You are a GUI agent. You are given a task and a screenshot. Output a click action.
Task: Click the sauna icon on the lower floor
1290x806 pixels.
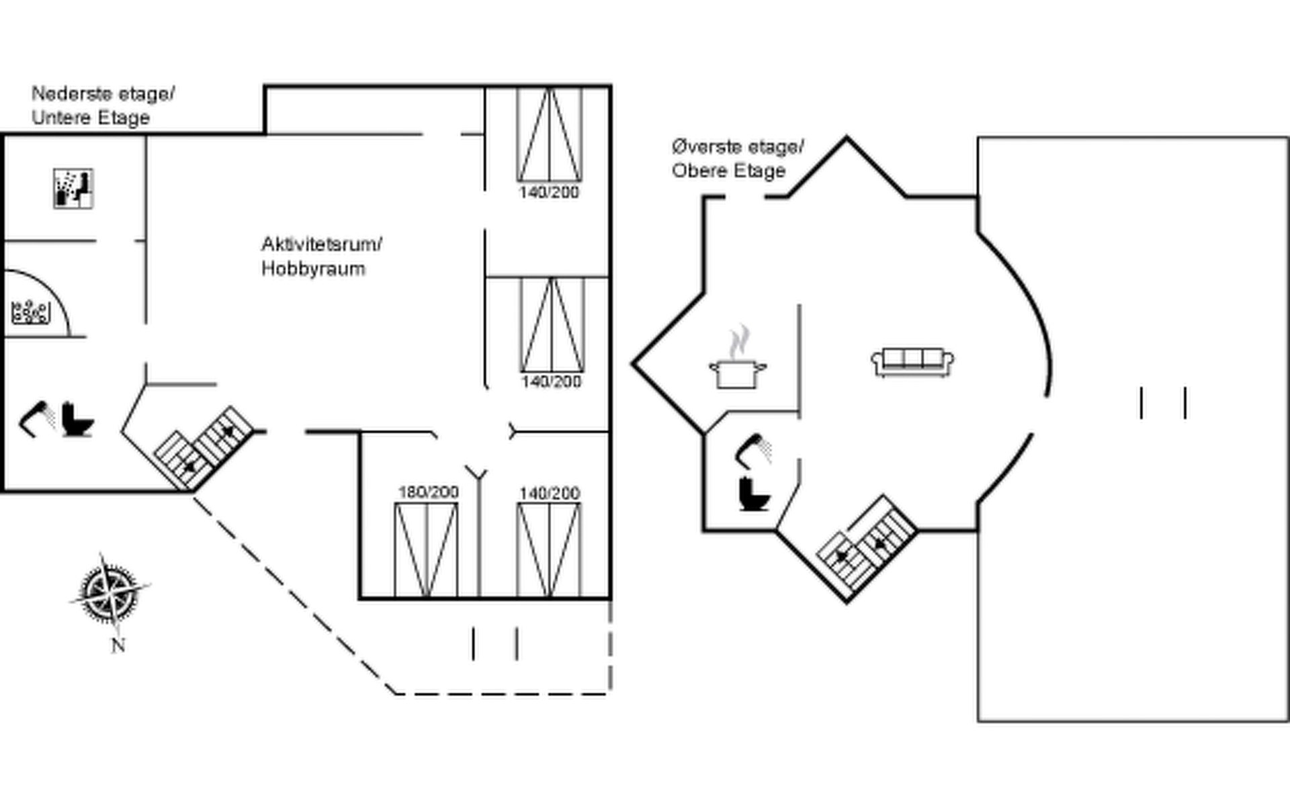(x=73, y=189)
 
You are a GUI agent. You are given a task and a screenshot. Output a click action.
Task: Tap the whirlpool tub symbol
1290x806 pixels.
(x=31, y=312)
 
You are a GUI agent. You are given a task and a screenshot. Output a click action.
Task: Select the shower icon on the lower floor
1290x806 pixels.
(x=37, y=418)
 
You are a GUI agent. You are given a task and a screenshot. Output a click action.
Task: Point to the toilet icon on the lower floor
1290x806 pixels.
(x=77, y=420)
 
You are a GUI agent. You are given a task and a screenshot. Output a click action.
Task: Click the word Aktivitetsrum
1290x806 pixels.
(x=321, y=244)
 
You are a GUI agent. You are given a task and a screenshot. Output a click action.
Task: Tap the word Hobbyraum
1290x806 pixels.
(x=313, y=269)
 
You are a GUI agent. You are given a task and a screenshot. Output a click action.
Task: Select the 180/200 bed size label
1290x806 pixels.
(x=428, y=492)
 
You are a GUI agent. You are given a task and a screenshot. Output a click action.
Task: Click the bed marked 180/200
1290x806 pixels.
(x=426, y=549)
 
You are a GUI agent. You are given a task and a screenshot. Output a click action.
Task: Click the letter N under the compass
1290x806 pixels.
(x=118, y=646)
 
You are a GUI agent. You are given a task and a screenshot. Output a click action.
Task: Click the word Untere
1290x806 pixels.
(x=56, y=118)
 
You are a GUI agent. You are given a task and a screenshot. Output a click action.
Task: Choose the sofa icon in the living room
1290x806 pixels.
(x=913, y=363)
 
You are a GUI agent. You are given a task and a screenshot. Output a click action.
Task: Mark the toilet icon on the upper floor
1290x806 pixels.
(x=755, y=494)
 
